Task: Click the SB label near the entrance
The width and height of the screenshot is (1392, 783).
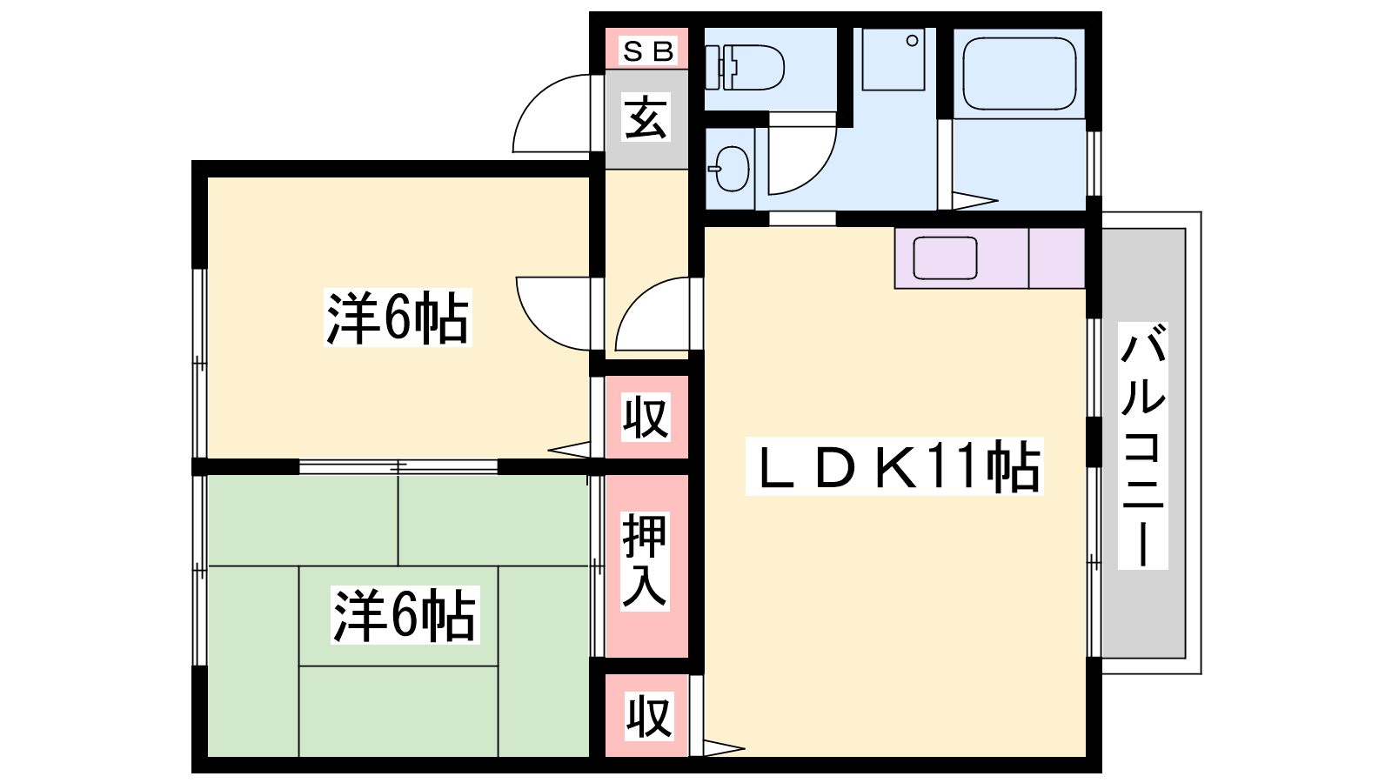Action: [x=648, y=52]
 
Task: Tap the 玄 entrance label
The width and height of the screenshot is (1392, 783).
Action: [x=646, y=118]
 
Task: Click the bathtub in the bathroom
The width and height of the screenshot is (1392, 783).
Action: [x=1019, y=73]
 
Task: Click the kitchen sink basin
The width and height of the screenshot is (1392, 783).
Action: [x=945, y=258]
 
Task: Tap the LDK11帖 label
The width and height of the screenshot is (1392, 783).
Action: [x=894, y=467]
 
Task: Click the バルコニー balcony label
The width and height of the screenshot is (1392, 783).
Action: [x=1141, y=445]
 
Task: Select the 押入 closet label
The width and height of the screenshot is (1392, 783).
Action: [x=645, y=560]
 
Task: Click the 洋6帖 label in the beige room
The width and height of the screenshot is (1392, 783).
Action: [x=398, y=318]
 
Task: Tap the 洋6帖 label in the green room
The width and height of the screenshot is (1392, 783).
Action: [x=405, y=615]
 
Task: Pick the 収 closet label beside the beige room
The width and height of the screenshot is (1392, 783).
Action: [x=646, y=418]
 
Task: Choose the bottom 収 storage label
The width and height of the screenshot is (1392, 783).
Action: [x=648, y=716]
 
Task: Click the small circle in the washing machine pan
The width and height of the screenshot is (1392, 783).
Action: [x=912, y=41]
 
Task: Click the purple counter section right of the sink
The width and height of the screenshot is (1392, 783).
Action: [x=1057, y=258]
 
